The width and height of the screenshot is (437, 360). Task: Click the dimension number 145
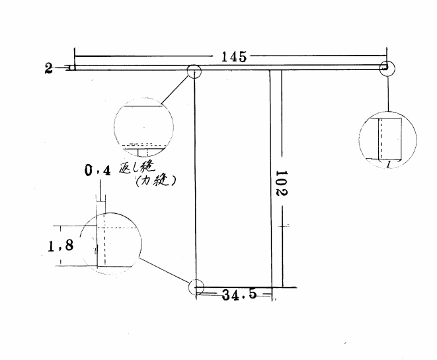[234, 57]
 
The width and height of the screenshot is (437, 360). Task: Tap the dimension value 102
[282, 183]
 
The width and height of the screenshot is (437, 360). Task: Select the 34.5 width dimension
[239, 294]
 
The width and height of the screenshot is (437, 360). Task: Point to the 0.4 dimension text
[97, 170]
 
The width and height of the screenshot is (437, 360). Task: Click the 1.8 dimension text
[61, 246]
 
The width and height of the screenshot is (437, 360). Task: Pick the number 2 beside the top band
[48, 68]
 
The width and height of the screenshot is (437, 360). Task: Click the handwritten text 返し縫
[137, 167]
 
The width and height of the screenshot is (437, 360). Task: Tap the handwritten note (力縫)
[155, 181]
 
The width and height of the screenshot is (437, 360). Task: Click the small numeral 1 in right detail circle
[388, 165]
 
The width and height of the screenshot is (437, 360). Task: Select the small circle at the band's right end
[387, 68]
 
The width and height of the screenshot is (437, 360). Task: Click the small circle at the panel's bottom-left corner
[196, 287]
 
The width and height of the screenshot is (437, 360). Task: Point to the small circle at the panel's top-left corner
[194, 71]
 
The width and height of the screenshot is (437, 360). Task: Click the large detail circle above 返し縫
[144, 127]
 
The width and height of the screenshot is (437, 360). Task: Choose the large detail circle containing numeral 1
[387, 140]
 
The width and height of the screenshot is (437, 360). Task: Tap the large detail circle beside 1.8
[111, 244]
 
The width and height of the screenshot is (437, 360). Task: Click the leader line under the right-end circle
[388, 93]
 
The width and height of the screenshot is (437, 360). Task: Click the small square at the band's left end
[72, 67]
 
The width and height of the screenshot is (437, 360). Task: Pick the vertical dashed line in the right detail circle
[381, 139]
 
